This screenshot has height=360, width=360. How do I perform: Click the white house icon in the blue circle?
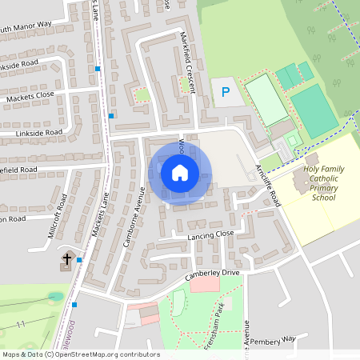180,172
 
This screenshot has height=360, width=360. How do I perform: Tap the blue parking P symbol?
226,93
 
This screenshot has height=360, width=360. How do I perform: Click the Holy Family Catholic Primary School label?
324,184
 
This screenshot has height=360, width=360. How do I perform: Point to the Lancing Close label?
210,234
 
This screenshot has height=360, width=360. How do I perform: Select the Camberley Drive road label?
212,274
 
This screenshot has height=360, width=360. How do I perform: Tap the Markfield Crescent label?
189,60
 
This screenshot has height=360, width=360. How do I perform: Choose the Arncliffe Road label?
267,186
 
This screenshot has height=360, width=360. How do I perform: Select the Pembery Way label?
272,339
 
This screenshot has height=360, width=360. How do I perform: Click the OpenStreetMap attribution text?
80,354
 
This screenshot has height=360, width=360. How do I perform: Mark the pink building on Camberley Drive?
205,283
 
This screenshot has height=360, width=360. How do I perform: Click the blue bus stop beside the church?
79,260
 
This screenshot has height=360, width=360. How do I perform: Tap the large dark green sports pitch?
313,110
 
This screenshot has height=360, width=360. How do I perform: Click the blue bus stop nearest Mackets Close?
111,115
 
